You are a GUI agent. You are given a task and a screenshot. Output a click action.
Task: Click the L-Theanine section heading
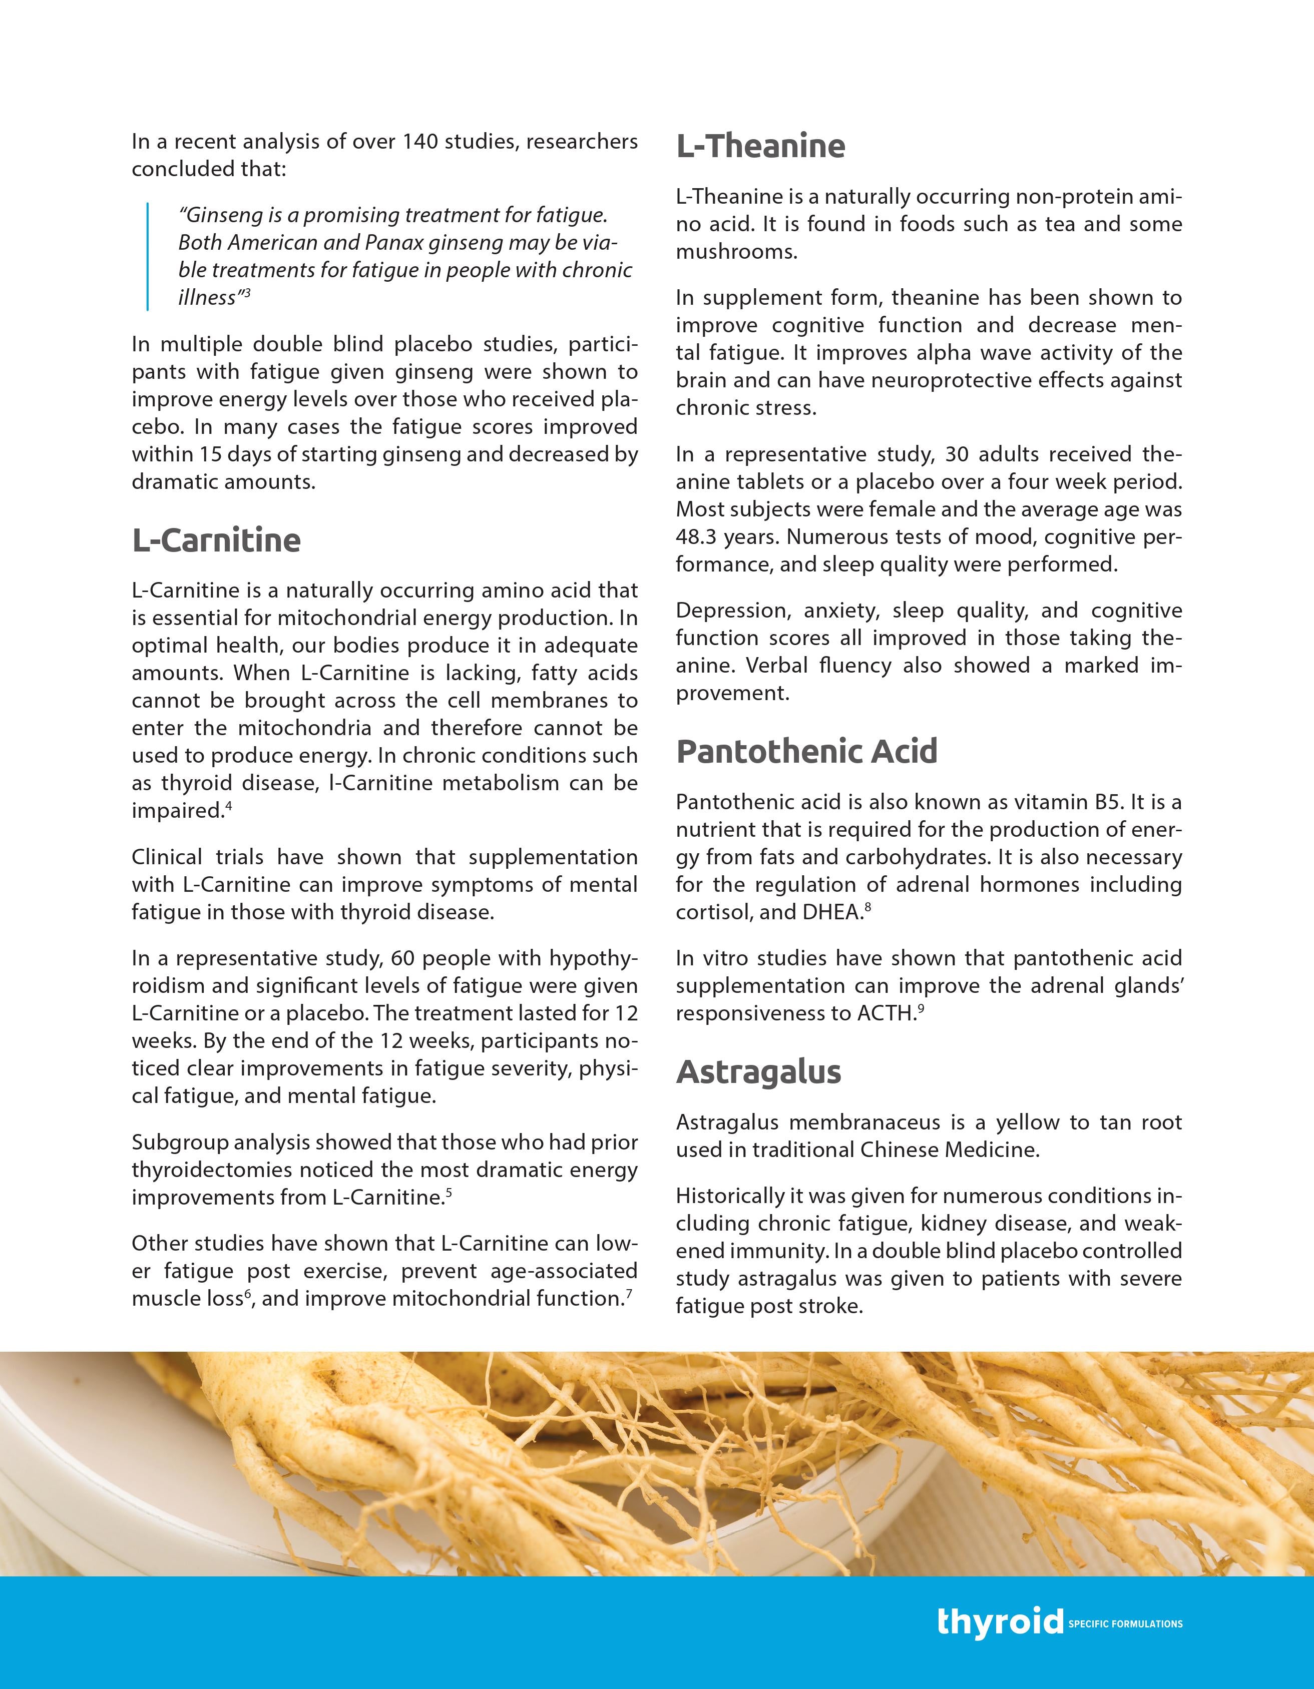tap(760, 146)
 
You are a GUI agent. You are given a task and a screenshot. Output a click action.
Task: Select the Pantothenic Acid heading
tap(806, 751)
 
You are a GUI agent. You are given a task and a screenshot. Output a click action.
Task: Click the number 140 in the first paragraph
tap(421, 142)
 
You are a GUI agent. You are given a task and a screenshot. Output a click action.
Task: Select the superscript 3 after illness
tap(247, 292)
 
